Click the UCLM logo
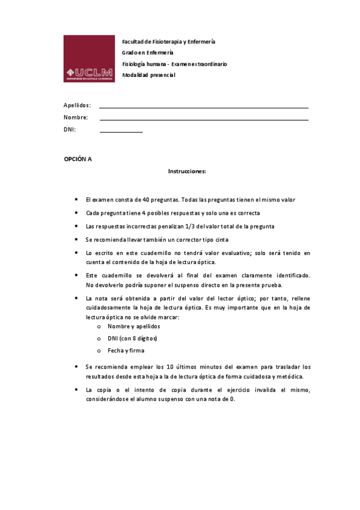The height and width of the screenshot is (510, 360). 88,58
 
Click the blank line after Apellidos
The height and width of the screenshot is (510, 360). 204,107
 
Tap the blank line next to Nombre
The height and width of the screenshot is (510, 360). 204,120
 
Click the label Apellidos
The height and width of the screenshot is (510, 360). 77,105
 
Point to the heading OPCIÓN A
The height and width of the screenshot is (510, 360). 78,159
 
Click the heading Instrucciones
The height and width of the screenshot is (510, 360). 187,171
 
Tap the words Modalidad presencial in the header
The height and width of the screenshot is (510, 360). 148,75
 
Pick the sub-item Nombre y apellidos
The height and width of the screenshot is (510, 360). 133,326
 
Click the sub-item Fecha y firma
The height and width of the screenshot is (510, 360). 126,350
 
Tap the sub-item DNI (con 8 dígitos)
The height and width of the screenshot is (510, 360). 133,338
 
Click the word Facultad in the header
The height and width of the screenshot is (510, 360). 134,42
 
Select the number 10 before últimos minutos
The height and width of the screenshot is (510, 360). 170,366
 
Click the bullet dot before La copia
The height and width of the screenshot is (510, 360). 76,390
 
